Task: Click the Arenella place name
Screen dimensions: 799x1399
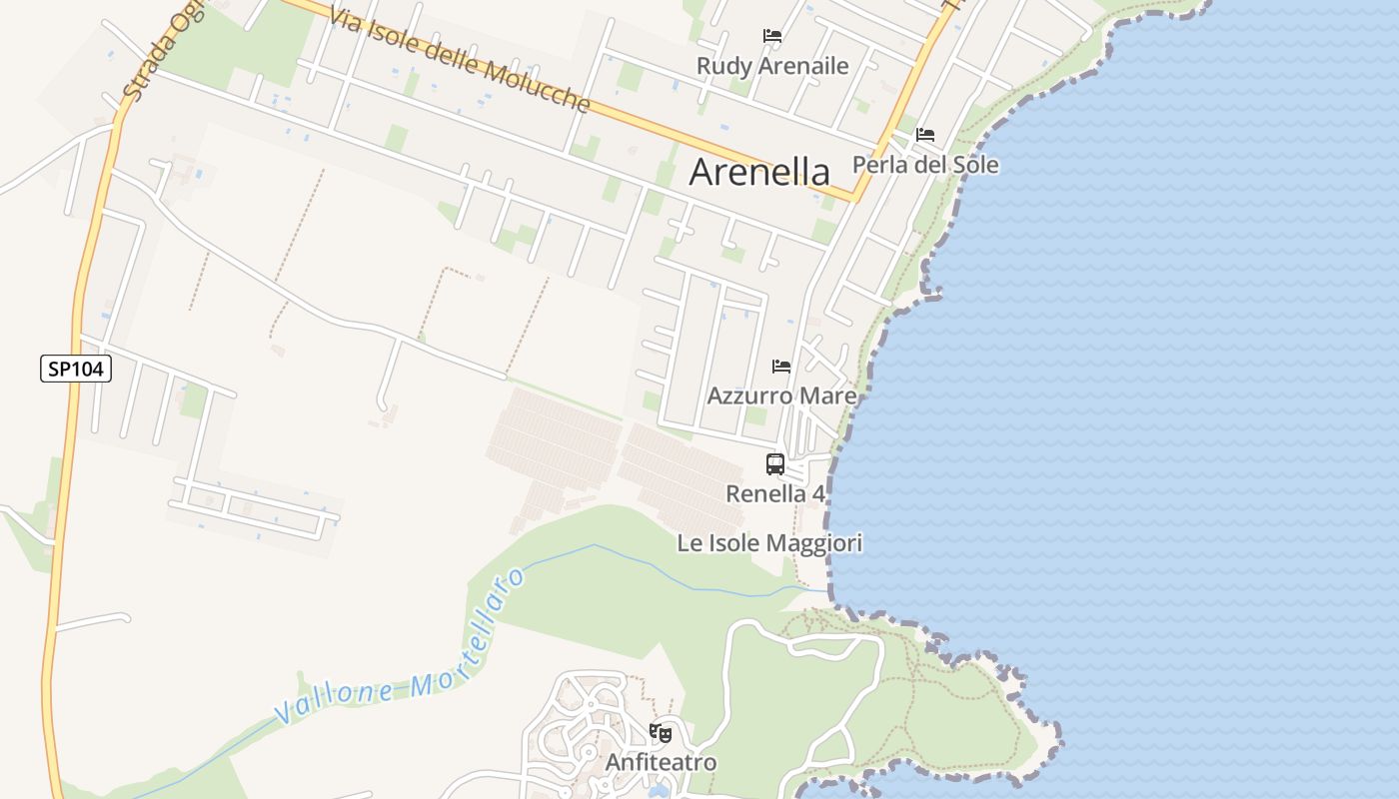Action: pos(759,172)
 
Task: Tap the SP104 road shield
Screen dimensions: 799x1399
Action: pos(76,369)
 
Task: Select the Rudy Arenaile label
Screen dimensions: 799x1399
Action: pos(772,66)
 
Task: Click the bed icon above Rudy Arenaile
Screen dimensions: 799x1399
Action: pos(772,36)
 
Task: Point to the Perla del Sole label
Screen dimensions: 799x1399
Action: pos(925,165)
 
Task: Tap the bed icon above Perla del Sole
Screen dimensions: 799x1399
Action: pos(925,135)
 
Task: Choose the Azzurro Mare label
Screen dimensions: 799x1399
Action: pos(781,397)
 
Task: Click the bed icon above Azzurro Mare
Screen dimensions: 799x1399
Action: pos(781,367)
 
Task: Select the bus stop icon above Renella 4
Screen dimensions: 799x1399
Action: pos(775,464)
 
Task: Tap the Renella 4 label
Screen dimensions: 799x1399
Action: pos(775,493)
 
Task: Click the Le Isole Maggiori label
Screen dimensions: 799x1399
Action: pos(769,543)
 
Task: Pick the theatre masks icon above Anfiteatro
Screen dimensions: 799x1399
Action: pos(660,733)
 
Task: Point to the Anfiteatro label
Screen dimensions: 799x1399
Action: pos(661,763)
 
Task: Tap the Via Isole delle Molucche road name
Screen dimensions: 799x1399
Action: pos(463,57)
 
